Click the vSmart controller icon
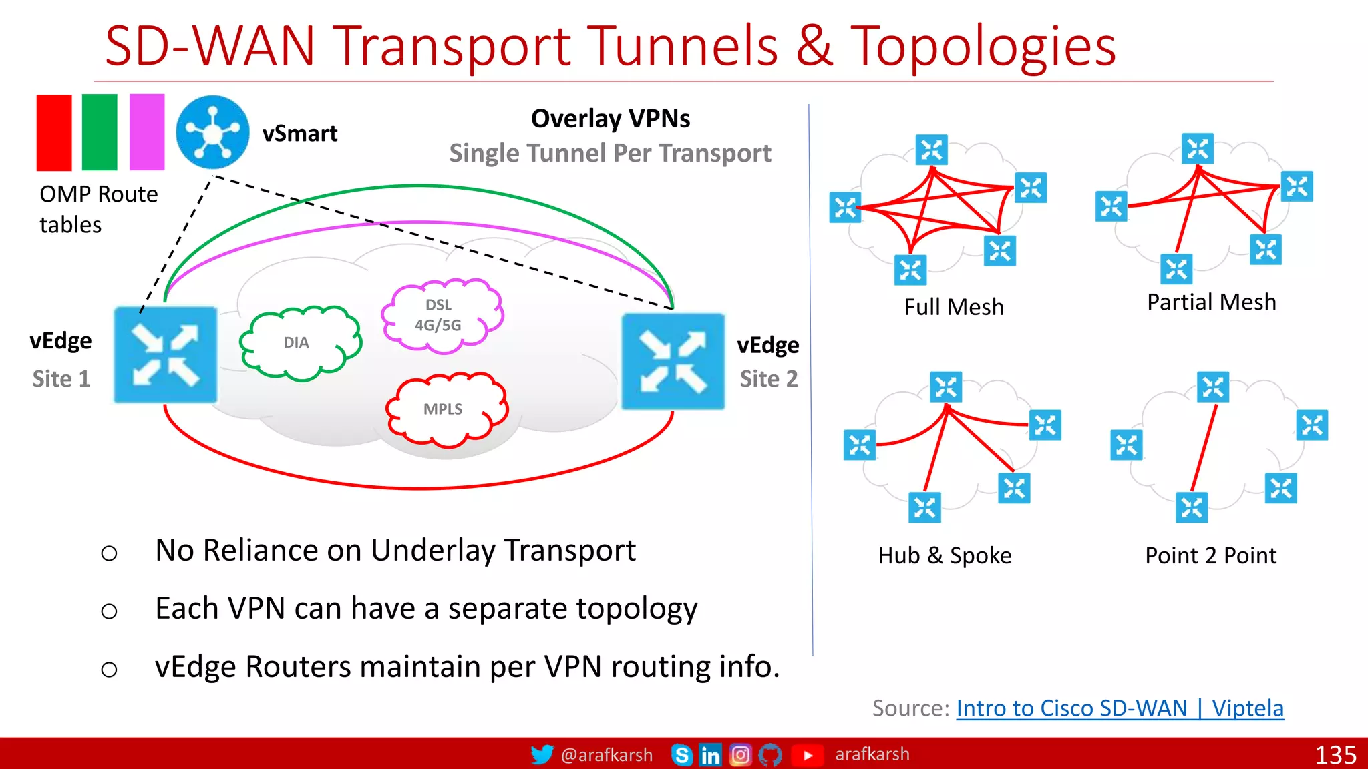[212, 132]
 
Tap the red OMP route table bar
[54, 132]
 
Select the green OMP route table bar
[100, 132]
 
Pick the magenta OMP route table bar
[147, 132]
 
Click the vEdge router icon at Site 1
[166, 355]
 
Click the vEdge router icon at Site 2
[673, 361]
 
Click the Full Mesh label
[953, 307]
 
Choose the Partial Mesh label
[1211, 302]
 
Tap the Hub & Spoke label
[945, 555]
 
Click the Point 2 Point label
[1210, 555]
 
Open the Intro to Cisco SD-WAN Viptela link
[1120, 708]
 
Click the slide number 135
[1335, 755]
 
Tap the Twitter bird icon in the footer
[542, 754]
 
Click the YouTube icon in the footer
[807, 755]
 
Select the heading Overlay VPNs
[610, 119]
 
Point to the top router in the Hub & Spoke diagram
[946, 387]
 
